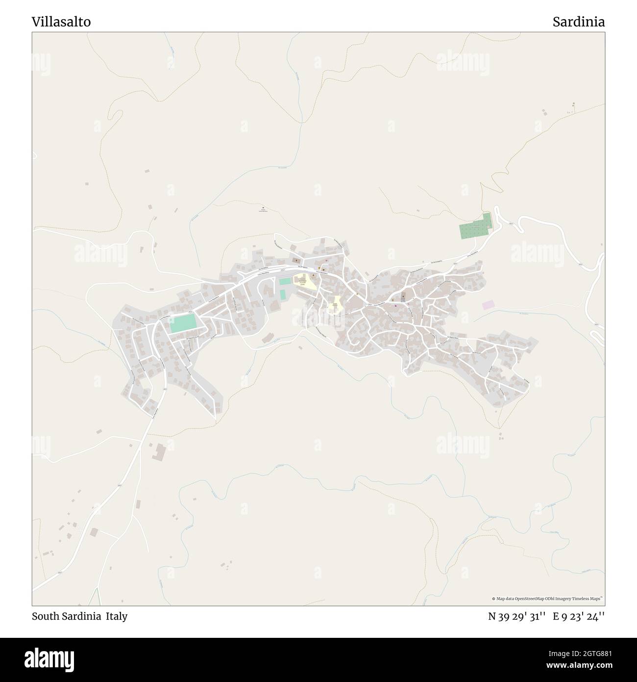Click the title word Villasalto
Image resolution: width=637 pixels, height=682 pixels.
click(61, 22)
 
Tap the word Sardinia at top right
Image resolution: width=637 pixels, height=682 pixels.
click(579, 22)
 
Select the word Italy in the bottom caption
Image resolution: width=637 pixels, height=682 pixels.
click(117, 616)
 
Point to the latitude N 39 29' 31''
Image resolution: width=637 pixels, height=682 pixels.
click(517, 616)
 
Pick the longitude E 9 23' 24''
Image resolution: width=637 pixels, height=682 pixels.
click(579, 616)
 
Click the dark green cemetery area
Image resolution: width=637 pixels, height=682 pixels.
click(475, 227)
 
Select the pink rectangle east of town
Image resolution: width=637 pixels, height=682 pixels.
click(488, 305)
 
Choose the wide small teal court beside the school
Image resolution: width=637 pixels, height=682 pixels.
click(285, 281)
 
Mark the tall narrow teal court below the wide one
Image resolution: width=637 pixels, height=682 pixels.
click(282, 294)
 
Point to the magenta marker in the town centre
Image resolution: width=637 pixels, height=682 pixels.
click(395, 307)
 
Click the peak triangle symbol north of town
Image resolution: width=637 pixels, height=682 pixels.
click(263, 207)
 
